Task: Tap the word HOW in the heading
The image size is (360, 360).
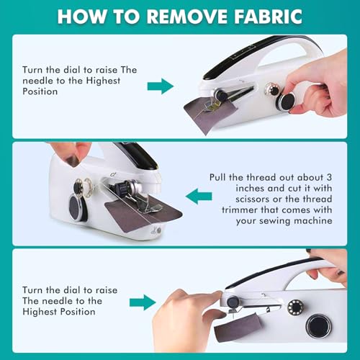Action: (x=80, y=16)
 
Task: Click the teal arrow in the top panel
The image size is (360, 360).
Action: (x=161, y=87)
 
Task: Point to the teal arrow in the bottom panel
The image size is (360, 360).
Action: (x=144, y=301)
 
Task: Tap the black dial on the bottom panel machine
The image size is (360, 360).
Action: (x=318, y=325)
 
